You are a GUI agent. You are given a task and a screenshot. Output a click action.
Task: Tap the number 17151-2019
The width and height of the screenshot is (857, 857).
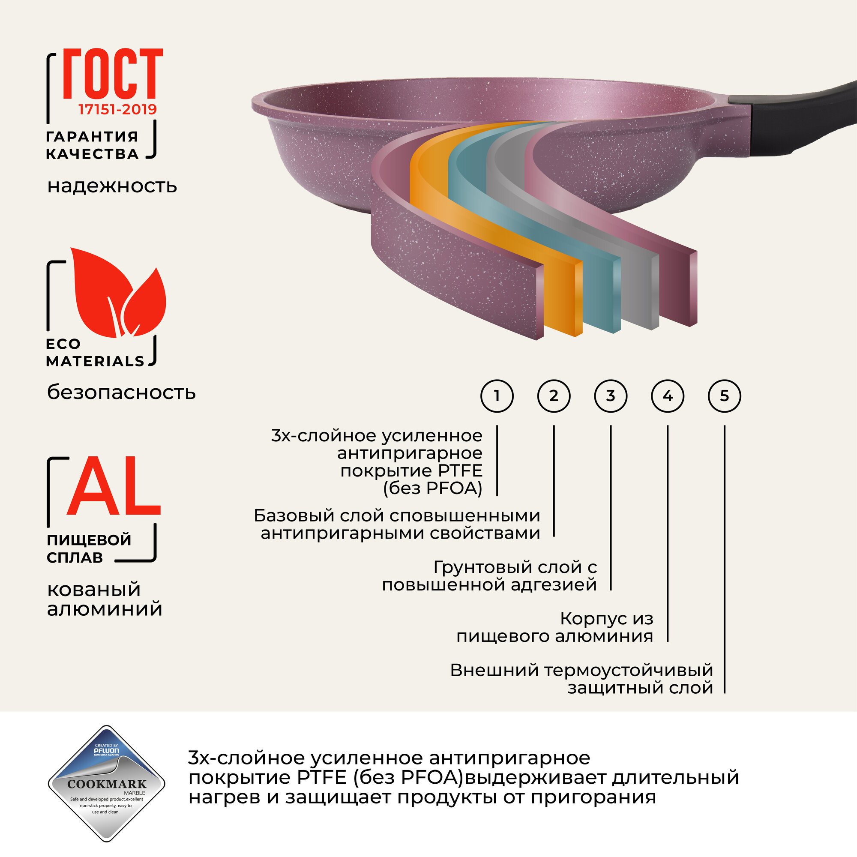click(x=117, y=109)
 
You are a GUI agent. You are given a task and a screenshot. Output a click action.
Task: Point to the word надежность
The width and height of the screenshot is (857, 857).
click(x=112, y=186)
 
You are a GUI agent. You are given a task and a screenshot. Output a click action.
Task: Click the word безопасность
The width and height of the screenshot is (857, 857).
click(x=121, y=392)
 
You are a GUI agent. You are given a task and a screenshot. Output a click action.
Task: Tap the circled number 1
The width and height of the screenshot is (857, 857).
click(x=497, y=396)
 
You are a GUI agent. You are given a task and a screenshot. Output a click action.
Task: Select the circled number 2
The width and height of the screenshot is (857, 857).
click(x=554, y=396)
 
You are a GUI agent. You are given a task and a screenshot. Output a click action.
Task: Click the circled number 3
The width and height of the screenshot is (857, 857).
click(x=610, y=396)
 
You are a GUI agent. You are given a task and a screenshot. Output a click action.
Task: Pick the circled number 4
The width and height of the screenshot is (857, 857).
click(x=668, y=396)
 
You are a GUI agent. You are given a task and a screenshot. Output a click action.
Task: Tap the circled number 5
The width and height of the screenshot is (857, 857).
click(x=724, y=396)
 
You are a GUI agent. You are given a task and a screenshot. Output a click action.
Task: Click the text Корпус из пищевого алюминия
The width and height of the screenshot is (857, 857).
click(x=554, y=627)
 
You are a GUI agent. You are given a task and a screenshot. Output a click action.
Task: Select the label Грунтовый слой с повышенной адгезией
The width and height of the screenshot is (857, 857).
click(x=489, y=576)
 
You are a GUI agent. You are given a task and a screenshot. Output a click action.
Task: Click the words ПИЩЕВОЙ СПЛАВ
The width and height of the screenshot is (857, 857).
click(x=89, y=548)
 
